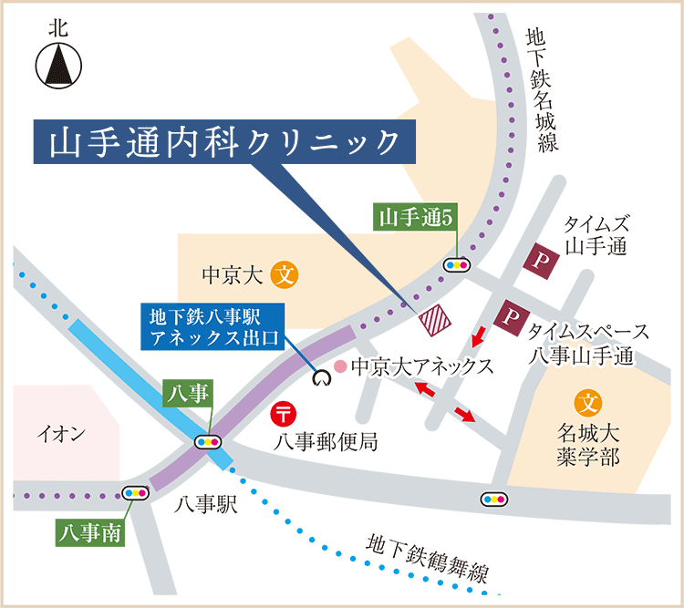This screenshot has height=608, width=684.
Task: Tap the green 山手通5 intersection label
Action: click(x=415, y=217)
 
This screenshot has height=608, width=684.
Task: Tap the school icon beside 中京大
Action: click(x=285, y=273)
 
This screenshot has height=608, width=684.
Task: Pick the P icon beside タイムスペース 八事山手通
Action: click(x=508, y=318)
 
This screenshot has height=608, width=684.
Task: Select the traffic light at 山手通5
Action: click(x=456, y=264)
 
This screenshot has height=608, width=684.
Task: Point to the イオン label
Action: click(x=62, y=434)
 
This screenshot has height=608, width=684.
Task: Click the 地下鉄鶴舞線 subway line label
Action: click(x=428, y=559)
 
